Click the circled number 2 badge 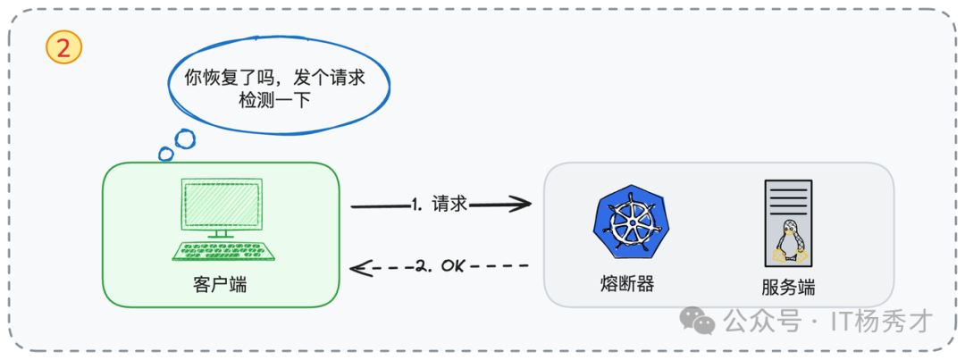tap(63, 49)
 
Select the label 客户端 tap(220, 286)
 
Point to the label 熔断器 tap(627, 284)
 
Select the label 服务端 tap(788, 288)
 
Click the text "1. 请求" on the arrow tap(440, 205)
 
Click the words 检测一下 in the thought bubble tap(274, 101)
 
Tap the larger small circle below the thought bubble tap(184, 138)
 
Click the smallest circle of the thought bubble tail tap(166, 154)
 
